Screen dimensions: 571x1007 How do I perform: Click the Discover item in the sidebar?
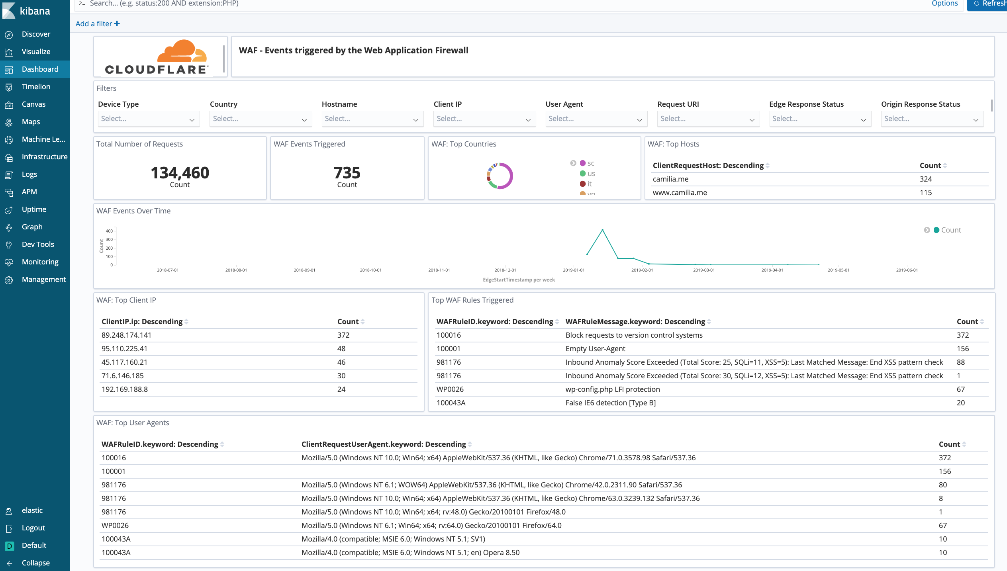pyautogui.click(x=36, y=34)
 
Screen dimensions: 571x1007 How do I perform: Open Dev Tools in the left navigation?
pyautogui.click(x=38, y=244)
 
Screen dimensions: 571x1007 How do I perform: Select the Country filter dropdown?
pyautogui.click(x=260, y=119)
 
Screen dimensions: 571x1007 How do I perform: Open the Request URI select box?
pyautogui.click(x=707, y=119)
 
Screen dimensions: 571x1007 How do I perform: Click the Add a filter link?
pyautogui.click(x=98, y=24)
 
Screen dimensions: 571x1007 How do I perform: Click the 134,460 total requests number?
pyautogui.click(x=180, y=173)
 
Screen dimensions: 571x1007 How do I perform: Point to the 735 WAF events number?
pyautogui.click(x=347, y=173)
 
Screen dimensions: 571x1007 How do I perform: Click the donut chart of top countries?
pyautogui.click(x=500, y=176)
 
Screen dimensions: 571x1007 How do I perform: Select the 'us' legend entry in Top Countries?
pyautogui.click(x=591, y=174)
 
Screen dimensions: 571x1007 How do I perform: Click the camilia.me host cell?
pyautogui.click(x=670, y=179)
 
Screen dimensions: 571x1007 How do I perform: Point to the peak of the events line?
pyautogui.click(x=602, y=230)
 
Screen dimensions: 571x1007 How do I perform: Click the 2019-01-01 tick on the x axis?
pyautogui.click(x=574, y=270)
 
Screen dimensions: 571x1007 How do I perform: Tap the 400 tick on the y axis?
pyautogui.click(x=109, y=231)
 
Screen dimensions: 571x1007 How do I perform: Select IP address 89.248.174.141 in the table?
pyautogui.click(x=126, y=335)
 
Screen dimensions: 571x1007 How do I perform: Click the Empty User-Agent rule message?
pyautogui.click(x=595, y=349)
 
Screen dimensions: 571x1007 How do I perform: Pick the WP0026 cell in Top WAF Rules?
pyautogui.click(x=450, y=389)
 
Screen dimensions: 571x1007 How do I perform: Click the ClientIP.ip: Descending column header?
pyautogui.click(x=142, y=322)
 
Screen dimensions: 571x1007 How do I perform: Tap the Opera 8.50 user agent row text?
pyautogui.click(x=410, y=553)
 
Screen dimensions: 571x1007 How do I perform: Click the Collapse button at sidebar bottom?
pyautogui.click(x=35, y=563)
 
